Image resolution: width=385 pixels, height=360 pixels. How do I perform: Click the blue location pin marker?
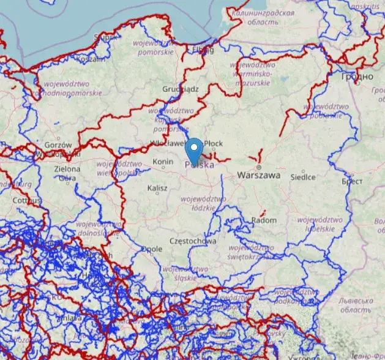[x=194, y=151]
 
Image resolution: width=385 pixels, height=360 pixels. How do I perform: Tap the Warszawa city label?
[x=259, y=175]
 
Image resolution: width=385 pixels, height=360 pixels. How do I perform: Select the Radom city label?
[x=264, y=220]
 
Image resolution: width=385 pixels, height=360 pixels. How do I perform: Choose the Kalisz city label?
[x=157, y=188]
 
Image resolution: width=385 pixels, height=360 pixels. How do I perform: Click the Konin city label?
[x=163, y=162]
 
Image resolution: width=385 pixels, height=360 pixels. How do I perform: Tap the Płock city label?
[x=214, y=143]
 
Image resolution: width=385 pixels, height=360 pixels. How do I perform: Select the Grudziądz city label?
[x=181, y=89]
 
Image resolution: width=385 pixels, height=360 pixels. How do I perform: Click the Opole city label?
[x=152, y=249]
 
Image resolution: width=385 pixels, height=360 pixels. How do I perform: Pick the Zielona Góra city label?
[x=67, y=173]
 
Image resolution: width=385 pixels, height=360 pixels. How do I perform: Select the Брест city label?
[x=353, y=182]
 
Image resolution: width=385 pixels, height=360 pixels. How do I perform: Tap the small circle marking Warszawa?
[x=259, y=167]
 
